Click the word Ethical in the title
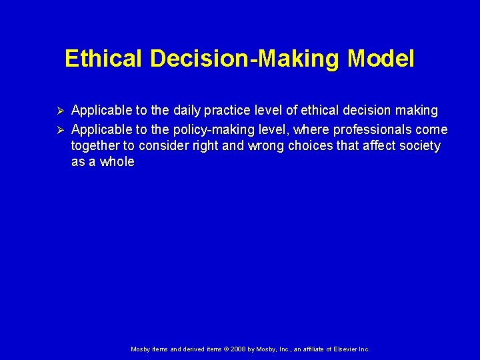coord(103,59)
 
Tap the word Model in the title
coord(381,59)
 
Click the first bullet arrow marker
coord(59,110)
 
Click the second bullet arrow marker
coord(59,129)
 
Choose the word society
coord(419,146)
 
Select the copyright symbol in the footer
coord(225,349)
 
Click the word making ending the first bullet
coord(416,110)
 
